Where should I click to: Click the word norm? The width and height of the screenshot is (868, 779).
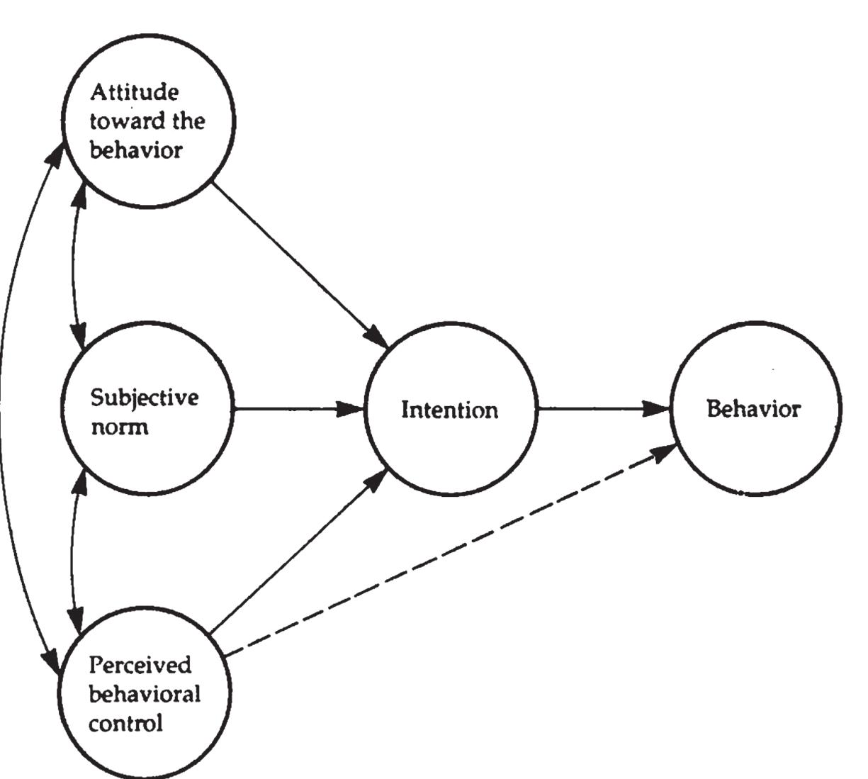120,427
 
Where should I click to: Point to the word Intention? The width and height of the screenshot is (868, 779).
450,410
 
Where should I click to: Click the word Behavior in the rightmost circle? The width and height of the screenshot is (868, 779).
754,408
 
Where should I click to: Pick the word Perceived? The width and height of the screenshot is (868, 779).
140,666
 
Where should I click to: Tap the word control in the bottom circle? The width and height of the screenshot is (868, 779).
125,724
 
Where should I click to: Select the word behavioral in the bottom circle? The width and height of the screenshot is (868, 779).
145,694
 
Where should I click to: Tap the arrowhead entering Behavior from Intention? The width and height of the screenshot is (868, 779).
655,409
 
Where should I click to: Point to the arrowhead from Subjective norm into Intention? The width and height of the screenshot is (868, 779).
349,409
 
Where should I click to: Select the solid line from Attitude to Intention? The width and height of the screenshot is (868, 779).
300,264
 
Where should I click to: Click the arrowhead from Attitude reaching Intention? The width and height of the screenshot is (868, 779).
378,336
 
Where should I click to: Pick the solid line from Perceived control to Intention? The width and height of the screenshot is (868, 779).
299,551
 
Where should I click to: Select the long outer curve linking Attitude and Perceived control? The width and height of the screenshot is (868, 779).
1,408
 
